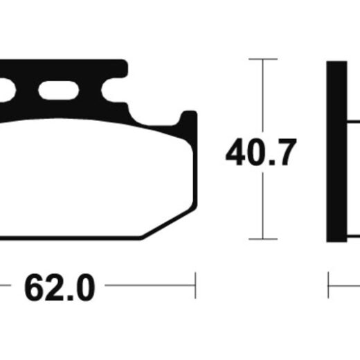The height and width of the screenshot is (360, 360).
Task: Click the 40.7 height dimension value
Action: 261,152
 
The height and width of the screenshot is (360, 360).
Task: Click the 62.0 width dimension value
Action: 60,287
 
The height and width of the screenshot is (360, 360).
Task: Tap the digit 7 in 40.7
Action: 286,152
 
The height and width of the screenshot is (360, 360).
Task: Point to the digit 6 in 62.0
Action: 34,287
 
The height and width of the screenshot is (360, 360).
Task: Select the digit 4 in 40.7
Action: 235,152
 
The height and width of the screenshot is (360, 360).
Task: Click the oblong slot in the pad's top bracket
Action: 59,90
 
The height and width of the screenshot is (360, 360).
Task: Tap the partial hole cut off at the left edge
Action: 7,90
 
